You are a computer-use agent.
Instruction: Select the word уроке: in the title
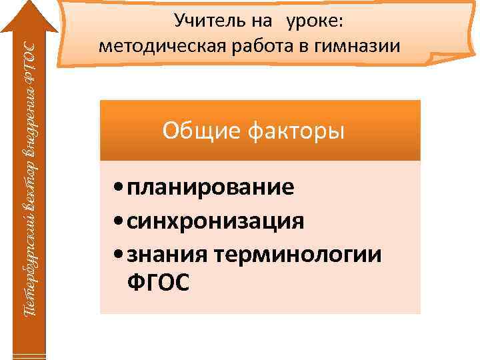click(x=315, y=21)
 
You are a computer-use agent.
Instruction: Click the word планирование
click(x=210, y=187)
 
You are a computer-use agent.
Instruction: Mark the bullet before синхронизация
click(x=118, y=220)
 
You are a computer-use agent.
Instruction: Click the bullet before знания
click(x=118, y=253)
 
